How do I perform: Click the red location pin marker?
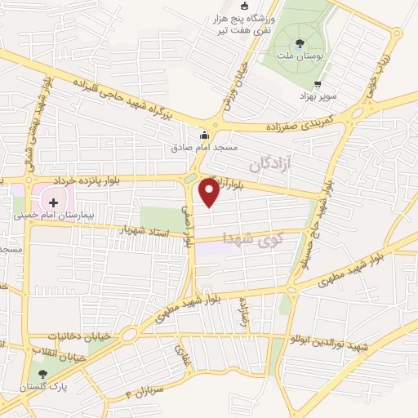click(x=210, y=193)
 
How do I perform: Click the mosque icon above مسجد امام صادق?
click(x=203, y=136)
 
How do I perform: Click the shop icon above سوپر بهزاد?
click(x=318, y=83)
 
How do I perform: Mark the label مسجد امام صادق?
click(x=203, y=149)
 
